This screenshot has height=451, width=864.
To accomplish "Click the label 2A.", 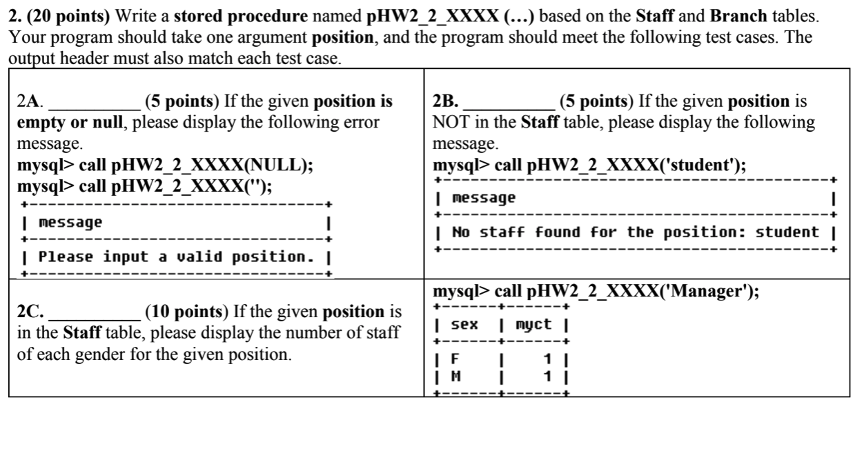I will pyautogui.click(x=30, y=103).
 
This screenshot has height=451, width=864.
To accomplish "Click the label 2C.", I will pyautogui.click(x=30, y=312).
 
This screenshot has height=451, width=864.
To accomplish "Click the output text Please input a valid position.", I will pyautogui.click(x=173, y=257).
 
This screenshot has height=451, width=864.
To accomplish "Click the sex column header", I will pyautogui.click(x=464, y=324).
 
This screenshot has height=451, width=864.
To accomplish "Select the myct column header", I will pyautogui.click(x=533, y=324).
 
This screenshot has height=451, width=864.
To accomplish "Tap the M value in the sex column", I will pyautogui.click(x=455, y=376).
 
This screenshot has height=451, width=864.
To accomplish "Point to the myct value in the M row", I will pyautogui.click(x=547, y=376).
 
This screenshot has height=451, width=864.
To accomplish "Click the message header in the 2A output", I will pyautogui.click(x=70, y=223).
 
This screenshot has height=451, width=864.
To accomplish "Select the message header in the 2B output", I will pyautogui.click(x=484, y=198).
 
